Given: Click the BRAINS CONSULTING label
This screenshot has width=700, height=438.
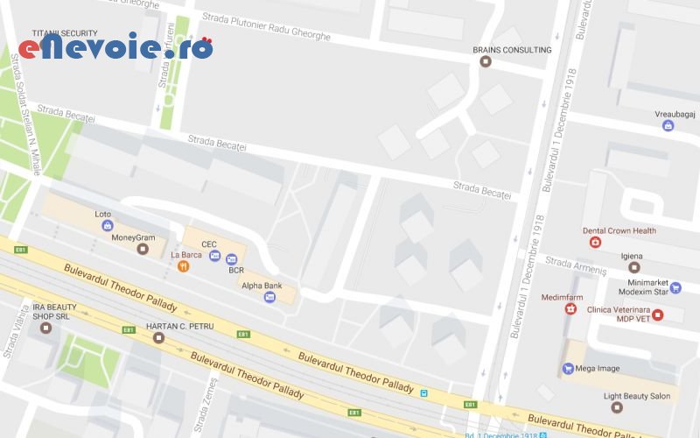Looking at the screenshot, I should tap(512, 50).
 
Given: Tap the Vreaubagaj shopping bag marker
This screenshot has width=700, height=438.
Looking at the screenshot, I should tap(668, 126).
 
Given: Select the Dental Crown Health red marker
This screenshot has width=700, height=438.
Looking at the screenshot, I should tap(595, 243).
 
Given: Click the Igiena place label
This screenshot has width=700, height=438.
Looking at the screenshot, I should tap(632, 255).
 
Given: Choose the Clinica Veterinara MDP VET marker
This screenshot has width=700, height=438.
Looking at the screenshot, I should tap(657, 315).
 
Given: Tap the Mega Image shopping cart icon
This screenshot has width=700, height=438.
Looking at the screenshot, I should tap(567, 369).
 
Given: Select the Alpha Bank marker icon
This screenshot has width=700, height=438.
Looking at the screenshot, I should tap(269, 298).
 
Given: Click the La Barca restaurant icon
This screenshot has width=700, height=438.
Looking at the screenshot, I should tap(183, 266).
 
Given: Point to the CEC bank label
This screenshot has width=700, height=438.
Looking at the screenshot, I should tap(208, 244).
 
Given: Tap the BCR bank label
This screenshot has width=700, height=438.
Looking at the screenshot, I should tap(236, 271).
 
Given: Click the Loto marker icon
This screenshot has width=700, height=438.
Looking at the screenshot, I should tap(107, 225).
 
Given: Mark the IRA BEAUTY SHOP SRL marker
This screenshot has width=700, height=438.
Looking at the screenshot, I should tap(46, 328).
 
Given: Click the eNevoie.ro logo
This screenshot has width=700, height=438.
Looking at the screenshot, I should tap(115, 47).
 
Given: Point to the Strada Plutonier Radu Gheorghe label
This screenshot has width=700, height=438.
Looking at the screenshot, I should tap(266, 26).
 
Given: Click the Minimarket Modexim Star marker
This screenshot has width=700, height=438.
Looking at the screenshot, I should tap(675, 287).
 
